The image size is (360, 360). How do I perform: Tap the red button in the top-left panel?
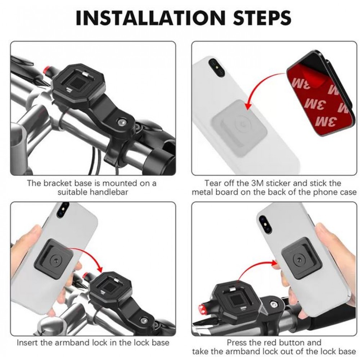(48, 69)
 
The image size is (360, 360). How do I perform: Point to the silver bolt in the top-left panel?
(121, 122)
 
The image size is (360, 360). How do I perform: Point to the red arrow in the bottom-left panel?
(89, 254)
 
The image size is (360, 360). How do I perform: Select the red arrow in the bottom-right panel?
(255, 266)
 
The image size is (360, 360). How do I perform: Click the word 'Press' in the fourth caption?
(237, 343)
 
